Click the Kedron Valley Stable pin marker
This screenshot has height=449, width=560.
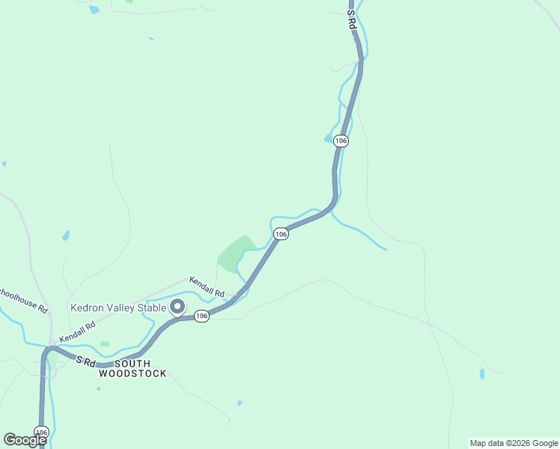click(x=178, y=307)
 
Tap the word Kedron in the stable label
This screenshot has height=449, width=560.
click(x=89, y=308)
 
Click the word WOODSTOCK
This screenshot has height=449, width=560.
click(x=133, y=373)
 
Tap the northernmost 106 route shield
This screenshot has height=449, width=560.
click(x=341, y=141)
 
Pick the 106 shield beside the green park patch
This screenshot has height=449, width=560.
click(x=281, y=234)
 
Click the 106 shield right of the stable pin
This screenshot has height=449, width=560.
click(x=201, y=316)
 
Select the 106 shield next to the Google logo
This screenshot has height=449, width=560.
click(x=41, y=433)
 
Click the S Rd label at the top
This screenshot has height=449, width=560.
click(x=351, y=19)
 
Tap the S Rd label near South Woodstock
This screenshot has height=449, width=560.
click(x=86, y=361)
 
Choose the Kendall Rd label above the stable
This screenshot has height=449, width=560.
click(x=207, y=286)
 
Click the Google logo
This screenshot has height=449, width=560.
click(x=24, y=440)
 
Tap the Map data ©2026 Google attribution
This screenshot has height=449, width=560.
click(x=513, y=443)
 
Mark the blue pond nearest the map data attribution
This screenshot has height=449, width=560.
click(x=482, y=373)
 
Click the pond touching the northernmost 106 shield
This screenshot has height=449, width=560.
click(x=329, y=138)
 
